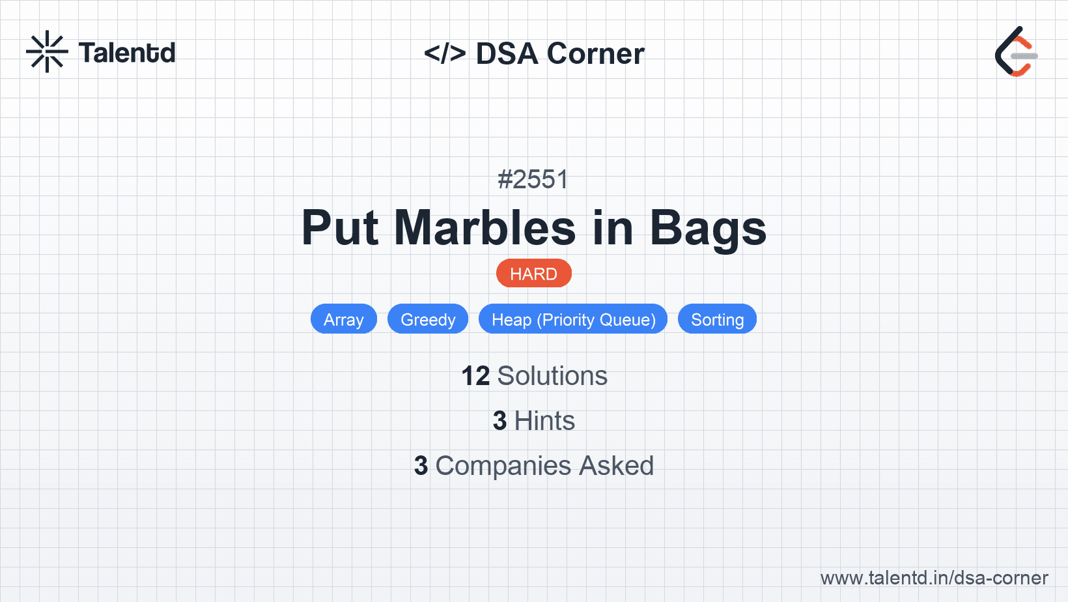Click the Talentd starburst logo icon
(47, 51)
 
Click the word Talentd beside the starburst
(127, 53)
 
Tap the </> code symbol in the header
(444, 53)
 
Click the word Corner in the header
(595, 53)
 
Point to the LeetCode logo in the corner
(1016, 51)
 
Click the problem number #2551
(533, 179)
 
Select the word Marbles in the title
(485, 227)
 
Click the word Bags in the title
(708, 229)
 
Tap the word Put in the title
(340, 227)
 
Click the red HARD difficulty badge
(533, 274)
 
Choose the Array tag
(344, 319)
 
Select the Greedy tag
(428, 319)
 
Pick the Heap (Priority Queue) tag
(573, 319)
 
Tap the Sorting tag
(717, 319)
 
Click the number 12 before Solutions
(475, 376)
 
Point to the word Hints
(544, 421)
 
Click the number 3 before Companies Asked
(421, 466)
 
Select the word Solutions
(552, 376)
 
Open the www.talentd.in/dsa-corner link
(934, 578)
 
